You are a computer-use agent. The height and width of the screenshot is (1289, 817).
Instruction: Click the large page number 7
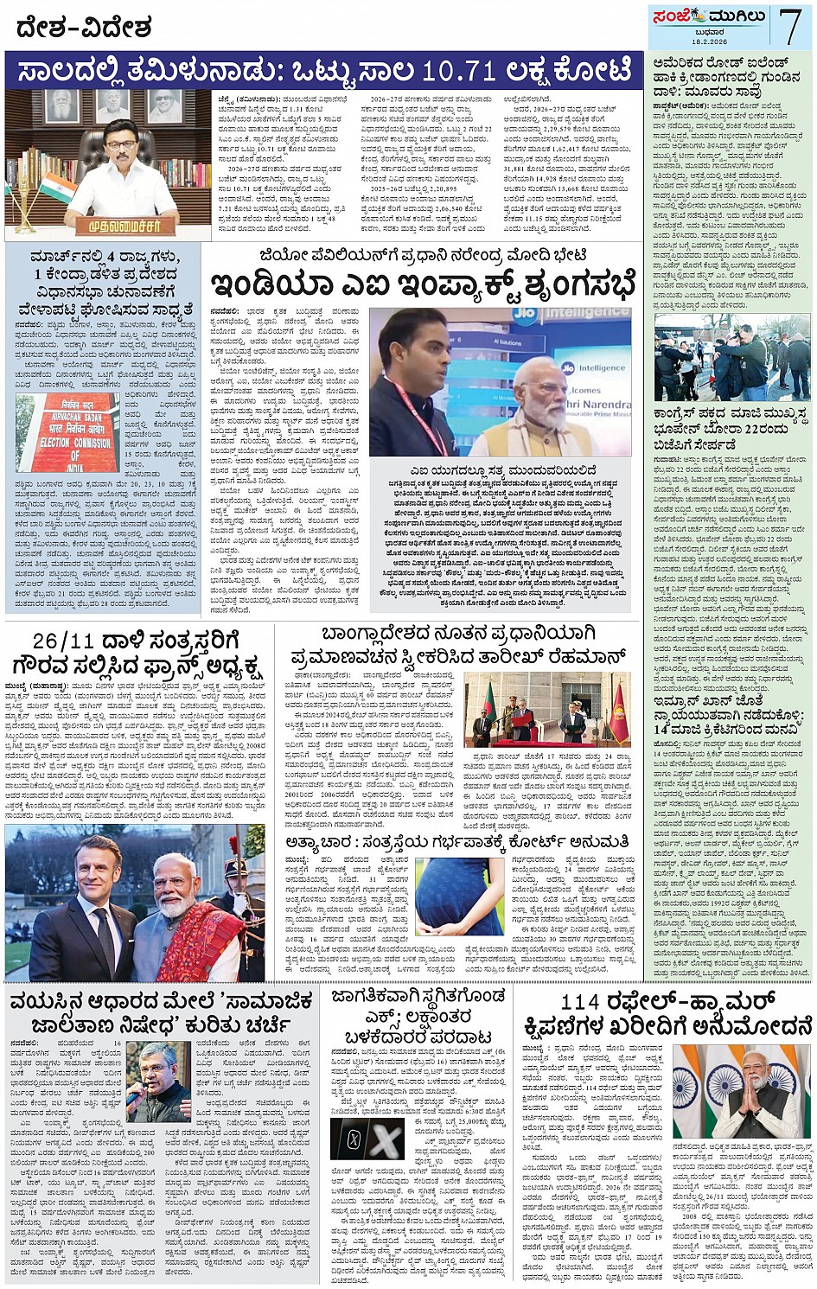click(x=791, y=26)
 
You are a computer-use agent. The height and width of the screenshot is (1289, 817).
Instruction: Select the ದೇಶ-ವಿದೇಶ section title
click(x=84, y=28)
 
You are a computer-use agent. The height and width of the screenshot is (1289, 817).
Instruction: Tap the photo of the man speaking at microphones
click(x=157, y=1081)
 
